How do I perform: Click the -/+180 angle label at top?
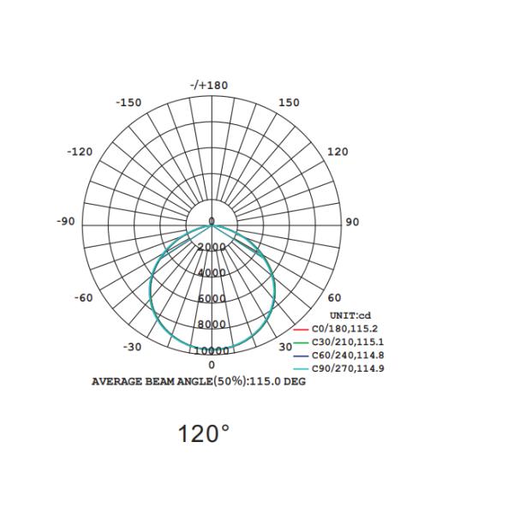pyautogui.click(x=209, y=85)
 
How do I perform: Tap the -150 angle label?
pyautogui.click(x=128, y=103)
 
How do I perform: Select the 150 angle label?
pyautogui.click(x=289, y=103)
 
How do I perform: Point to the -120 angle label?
pyautogui.click(x=80, y=152)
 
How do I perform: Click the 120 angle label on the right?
pyautogui.click(x=338, y=152)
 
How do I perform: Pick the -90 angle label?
pyautogui.click(x=66, y=221)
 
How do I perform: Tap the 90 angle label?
pyautogui.click(x=352, y=222)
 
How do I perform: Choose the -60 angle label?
pyautogui.click(x=84, y=298)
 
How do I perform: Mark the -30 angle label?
pyautogui.click(x=133, y=347)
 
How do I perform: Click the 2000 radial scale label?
pyautogui.click(x=212, y=247)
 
